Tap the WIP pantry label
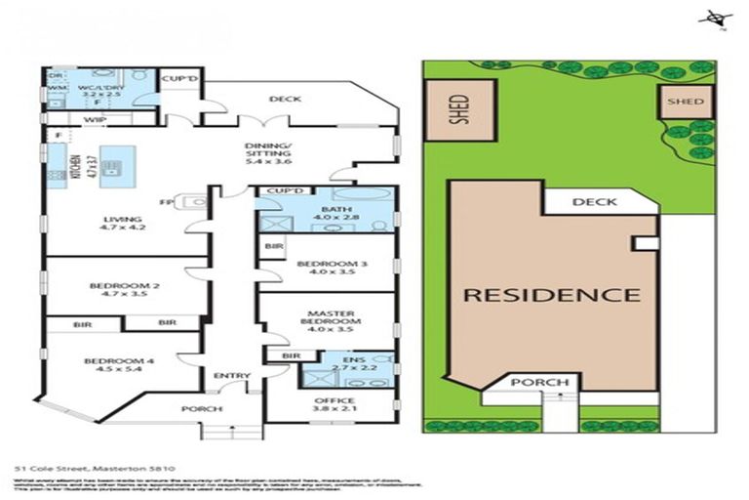pyautogui.click(x=95, y=119)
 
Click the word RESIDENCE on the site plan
pyautogui.click(x=551, y=294)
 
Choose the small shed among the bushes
pyautogui.click(x=687, y=102)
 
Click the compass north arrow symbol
pyautogui.click(x=718, y=18)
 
